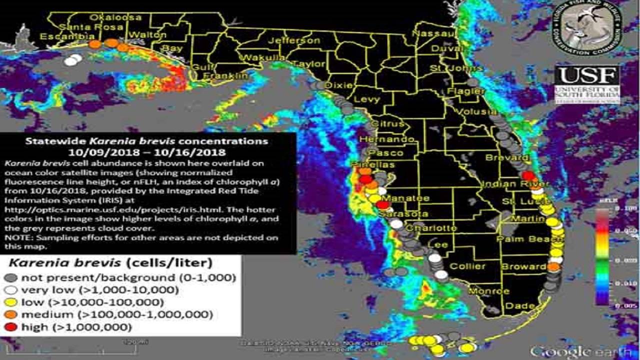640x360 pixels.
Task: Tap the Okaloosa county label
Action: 109,17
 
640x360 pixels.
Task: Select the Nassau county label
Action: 434,33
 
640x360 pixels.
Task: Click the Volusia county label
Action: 477,111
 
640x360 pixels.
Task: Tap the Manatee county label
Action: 408,198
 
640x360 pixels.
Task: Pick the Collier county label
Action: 467,266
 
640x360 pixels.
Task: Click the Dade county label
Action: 517,305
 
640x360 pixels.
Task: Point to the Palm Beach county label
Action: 523,239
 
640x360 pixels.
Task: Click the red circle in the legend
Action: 13,327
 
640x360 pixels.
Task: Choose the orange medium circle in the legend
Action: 13,315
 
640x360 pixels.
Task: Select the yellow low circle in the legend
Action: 13,302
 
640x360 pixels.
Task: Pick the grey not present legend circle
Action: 13,278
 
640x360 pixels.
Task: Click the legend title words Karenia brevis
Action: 54,262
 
